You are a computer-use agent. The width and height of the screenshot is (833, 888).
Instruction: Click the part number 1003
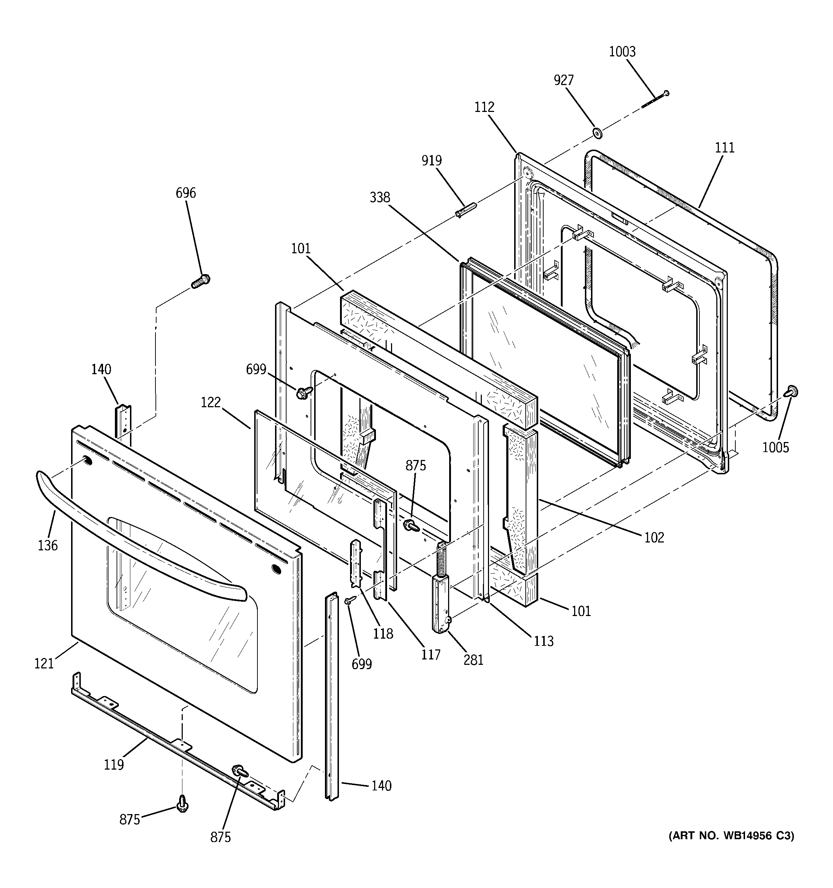click(622, 52)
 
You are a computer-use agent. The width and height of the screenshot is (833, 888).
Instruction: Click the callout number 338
click(380, 197)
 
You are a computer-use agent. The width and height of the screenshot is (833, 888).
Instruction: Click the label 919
click(432, 160)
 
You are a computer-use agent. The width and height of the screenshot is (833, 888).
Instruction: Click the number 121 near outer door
click(44, 664)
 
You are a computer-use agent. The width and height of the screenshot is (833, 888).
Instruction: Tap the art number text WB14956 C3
click(731, 836)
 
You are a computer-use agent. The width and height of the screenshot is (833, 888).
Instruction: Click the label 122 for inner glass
click(211, 403)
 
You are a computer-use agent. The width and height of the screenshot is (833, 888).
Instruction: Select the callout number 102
click(654, 537)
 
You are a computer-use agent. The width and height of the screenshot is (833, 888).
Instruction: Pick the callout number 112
click(484, 107)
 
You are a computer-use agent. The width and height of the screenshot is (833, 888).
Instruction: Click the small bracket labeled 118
click(356, 563)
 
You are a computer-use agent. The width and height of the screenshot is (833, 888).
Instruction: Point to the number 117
click(430, 655)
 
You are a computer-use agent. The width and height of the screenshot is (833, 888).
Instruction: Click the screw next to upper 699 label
click(303, 393)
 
